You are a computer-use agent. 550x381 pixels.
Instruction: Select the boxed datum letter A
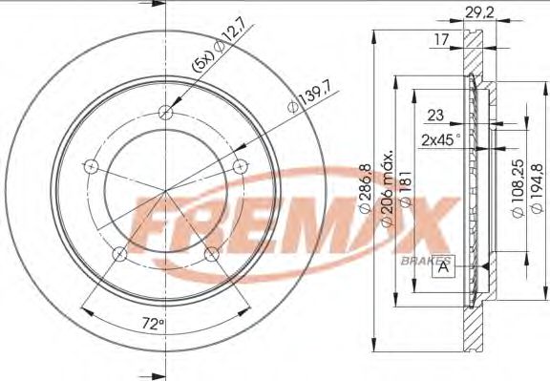coord(444,267)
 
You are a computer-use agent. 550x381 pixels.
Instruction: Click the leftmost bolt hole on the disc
coord(91,165)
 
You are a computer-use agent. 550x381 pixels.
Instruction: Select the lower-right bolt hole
coord(211,253)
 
